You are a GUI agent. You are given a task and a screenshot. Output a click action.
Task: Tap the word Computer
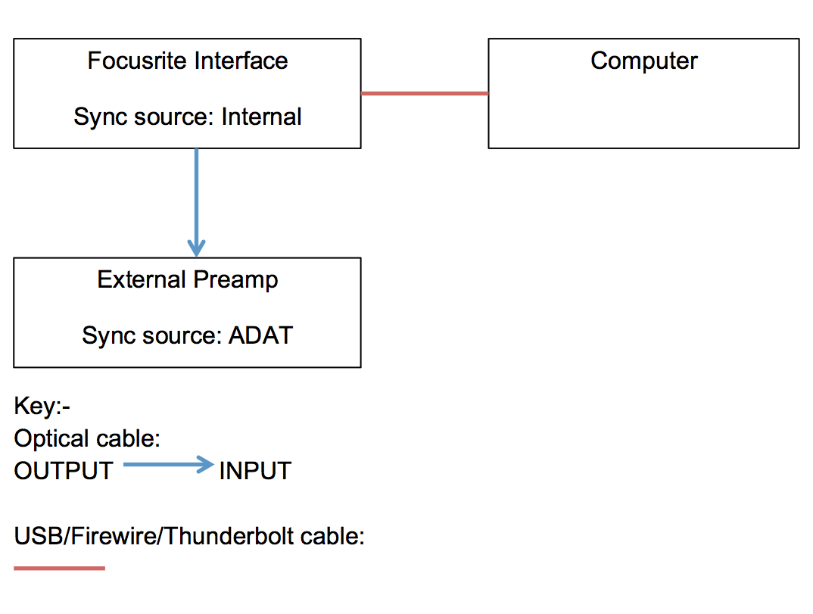[x=643, y=61]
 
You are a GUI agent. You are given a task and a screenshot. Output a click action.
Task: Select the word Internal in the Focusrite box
[x=261, y=117]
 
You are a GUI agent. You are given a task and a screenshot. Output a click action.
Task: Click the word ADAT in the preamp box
[x=260, y=335]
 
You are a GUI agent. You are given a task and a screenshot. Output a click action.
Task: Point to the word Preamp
[x=235, y=280]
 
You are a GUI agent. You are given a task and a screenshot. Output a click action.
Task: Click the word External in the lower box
[x=142, y=279]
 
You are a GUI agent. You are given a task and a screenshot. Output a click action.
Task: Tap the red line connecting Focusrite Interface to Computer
[x=424, y=93]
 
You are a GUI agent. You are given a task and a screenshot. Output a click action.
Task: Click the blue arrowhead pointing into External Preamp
[x=196, y=247]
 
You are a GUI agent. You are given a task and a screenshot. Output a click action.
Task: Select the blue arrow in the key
[x=168, y=465]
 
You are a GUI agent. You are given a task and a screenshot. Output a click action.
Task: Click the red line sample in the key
[x=59, y=568]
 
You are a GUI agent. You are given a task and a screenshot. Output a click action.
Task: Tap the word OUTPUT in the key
[x=64, y=471]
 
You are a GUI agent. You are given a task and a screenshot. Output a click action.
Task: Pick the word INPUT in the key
[x=255, y=471]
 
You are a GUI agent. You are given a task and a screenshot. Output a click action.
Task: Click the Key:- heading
[x=42, y=407]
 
